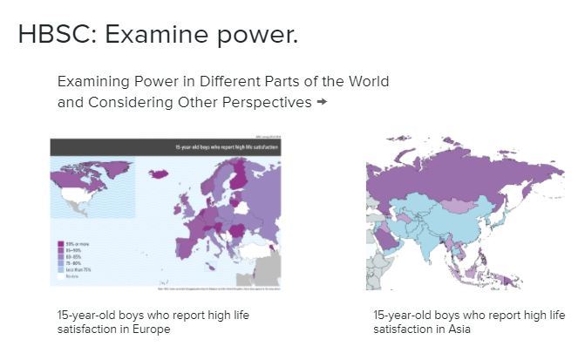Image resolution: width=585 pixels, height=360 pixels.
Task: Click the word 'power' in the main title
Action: [258, 35]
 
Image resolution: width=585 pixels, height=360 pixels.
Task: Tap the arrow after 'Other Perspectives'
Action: [322, 102]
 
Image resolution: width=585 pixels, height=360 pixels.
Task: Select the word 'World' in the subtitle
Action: [367, 81]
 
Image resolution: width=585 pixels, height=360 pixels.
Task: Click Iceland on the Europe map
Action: [159, 174]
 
